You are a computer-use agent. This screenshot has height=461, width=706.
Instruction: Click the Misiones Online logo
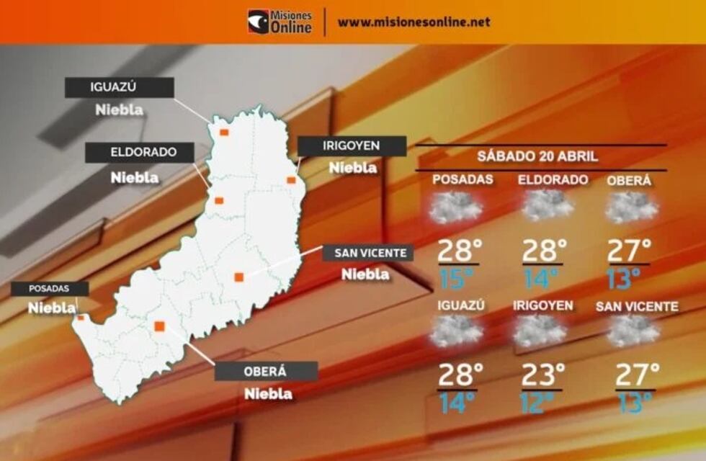[280, 22]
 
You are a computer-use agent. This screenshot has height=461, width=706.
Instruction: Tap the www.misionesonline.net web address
[414, 22]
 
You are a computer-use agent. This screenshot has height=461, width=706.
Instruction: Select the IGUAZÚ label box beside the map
[119, 87]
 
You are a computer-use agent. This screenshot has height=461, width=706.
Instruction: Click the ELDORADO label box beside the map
[140, 153]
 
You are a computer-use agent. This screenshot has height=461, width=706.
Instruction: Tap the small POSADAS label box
[50, 289]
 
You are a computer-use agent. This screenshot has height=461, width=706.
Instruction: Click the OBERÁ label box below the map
[266, 371]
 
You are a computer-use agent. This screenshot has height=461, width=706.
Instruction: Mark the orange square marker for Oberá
[159, 326]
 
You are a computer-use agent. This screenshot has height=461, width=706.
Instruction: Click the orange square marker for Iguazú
[224, 133]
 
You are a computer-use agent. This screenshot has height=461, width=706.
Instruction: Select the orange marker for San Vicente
[239, 277]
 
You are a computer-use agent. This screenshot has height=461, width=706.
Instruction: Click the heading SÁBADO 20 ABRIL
[537, 156]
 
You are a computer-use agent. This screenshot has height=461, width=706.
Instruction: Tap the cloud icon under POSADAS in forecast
[455, 207]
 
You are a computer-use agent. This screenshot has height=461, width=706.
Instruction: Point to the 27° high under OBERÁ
[629, 250]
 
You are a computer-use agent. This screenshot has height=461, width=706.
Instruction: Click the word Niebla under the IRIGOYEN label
[353, 168]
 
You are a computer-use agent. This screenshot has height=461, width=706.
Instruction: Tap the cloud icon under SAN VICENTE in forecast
[633, 331]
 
